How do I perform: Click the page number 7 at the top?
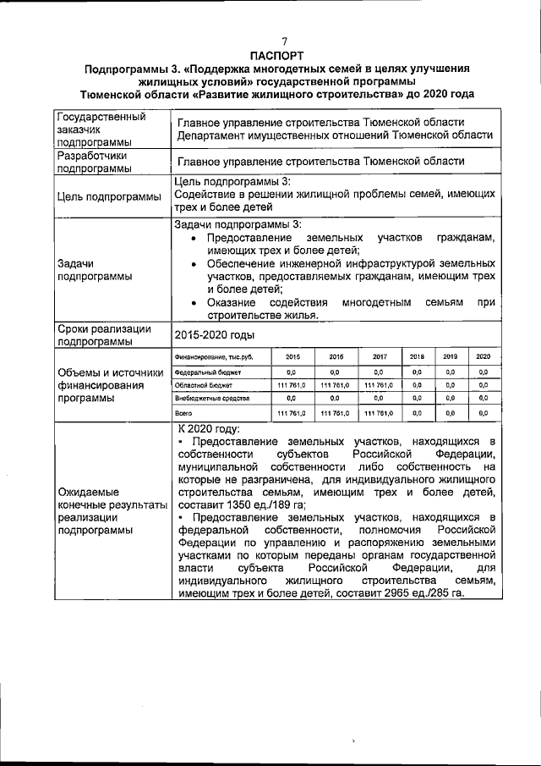click(285, 41)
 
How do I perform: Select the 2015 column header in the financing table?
click(292, 357)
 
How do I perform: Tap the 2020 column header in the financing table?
click(483, 357)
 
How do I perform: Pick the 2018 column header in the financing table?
click(417, 357)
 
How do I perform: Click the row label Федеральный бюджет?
click(208, 372)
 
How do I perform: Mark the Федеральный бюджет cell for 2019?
click(451, 372)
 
